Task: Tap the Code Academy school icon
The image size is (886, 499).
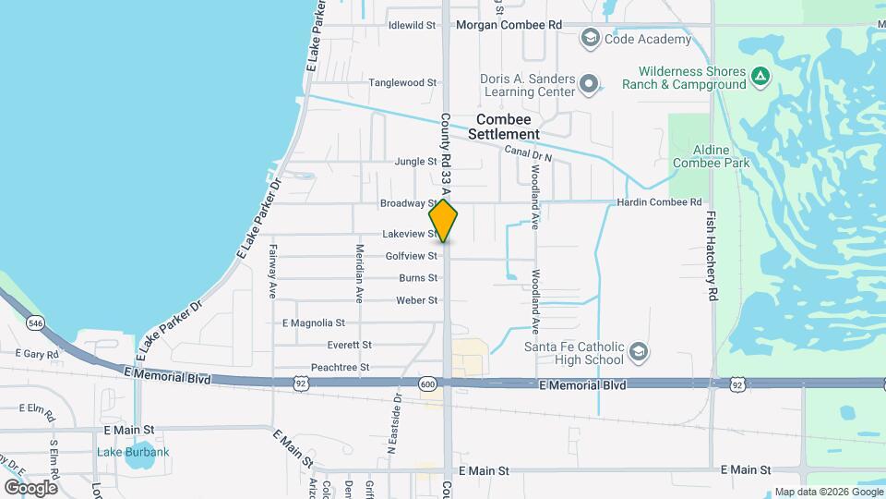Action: (590, 39)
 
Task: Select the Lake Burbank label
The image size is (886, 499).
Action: (134, 452)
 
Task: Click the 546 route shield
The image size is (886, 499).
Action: (35, 323)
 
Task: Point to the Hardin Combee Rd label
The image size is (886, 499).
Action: (662, 202)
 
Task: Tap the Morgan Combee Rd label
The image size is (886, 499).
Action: (509, 25)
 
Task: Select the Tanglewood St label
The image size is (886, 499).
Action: (402, 82)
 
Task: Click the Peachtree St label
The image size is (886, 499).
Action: (341, 367)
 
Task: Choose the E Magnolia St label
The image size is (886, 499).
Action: (313, 323)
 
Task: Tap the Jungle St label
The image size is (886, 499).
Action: (415, 161)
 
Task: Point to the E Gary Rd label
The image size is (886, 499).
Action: (38, 353)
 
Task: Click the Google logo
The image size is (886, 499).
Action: (30, 487)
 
